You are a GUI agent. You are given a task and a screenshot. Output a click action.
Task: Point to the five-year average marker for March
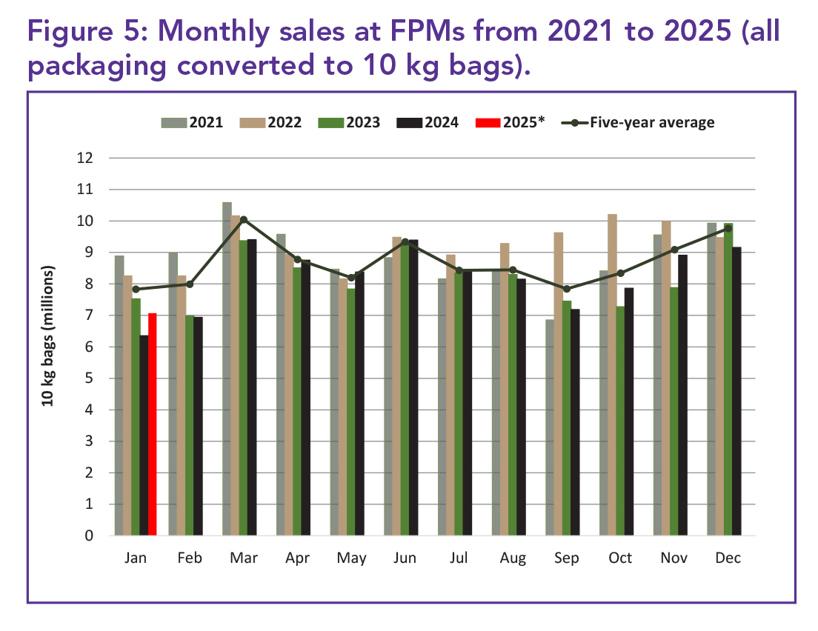pyautogui.click(x=244, y=220)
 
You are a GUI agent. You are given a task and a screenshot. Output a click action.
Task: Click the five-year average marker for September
pyautogui.click(x=567, y=289)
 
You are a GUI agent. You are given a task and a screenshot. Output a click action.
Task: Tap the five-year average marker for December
pyautogui.click(x=728, y=228)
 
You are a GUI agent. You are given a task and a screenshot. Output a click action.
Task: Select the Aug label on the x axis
pyautogui.click(x=513, y=558)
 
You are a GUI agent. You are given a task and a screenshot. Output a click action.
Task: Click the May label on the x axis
pyautogui.click(x=351, y=558)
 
